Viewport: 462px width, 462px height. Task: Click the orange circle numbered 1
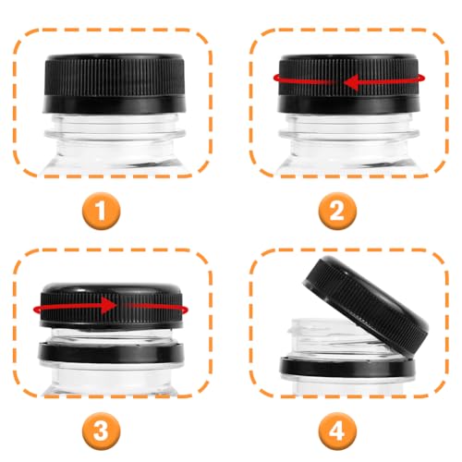102,211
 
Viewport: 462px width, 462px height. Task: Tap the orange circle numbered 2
337,211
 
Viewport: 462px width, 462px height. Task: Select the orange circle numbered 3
102,430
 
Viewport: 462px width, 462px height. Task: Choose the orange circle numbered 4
337,430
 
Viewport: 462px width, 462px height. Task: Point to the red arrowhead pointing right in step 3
108,305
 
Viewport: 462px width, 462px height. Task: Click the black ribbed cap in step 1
115,83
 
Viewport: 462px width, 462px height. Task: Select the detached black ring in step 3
111,353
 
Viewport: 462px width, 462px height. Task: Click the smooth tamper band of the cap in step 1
115,104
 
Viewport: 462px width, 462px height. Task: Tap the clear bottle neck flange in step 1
115,134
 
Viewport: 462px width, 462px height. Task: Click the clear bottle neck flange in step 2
349,134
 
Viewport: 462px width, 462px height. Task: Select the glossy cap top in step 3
111,289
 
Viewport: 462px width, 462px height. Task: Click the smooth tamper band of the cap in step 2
349,104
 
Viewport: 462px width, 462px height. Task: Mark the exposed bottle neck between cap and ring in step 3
111,335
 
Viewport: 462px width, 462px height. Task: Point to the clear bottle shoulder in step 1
115,159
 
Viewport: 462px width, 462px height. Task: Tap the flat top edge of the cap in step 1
115,57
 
